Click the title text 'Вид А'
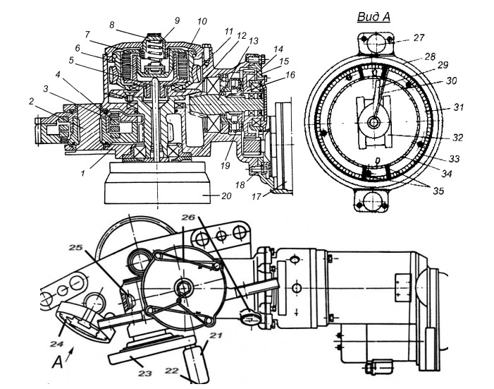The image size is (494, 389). point(373,16)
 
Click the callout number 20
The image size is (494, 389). point(226,196)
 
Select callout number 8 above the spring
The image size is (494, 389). point(112,25)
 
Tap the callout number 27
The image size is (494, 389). point(419,38)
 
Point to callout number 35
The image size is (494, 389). point(438,191)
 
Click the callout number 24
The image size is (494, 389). point(56,344)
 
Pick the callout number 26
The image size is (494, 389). point(189,217)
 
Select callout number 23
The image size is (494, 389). point(145,373)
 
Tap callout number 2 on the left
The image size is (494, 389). point(31,102)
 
